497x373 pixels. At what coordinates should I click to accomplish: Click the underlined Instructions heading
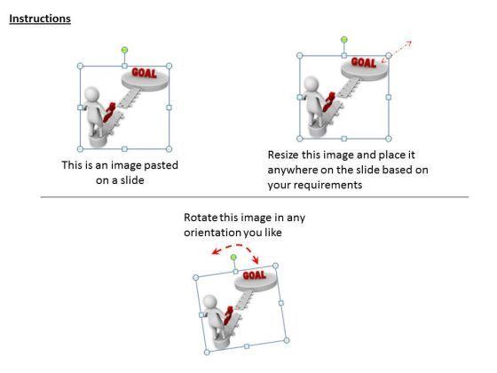40,19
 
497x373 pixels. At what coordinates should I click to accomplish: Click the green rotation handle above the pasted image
124,50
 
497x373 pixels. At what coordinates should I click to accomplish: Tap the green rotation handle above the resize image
344,40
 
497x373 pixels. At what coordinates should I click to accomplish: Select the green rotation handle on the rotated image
233,257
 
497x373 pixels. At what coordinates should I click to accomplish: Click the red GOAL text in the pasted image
144,73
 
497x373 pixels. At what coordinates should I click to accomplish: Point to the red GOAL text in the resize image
364,62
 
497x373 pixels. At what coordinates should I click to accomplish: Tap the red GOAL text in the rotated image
254,275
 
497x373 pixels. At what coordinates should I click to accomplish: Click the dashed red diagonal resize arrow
396,52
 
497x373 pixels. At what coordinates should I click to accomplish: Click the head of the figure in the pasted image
92,94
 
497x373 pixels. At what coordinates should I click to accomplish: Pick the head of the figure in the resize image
312,83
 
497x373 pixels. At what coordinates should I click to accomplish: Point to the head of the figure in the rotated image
209,302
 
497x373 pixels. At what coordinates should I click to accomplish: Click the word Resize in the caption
283,155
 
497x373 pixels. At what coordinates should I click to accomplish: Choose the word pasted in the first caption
161,165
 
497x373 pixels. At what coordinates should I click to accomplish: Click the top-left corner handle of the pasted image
80,66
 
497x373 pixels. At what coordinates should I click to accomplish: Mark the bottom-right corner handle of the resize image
389,139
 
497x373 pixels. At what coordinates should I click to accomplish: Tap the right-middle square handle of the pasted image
169,107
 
